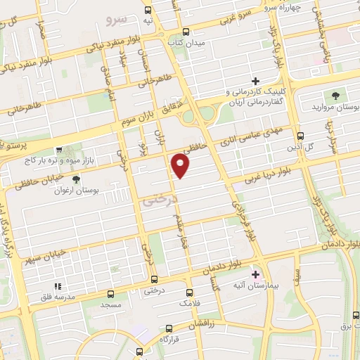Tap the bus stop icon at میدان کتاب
click(186, 31)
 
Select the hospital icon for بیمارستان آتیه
click(255, 274)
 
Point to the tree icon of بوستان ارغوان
click(76, 179)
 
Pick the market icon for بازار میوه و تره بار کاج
click(58, 150)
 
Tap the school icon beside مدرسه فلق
click(58, 286)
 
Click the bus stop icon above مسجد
click(110, 294)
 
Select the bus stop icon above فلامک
click(187, 292)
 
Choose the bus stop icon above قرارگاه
click(140, 350)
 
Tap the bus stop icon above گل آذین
click(300, 136)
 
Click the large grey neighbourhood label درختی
click(155, 201)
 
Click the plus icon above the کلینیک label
click(255, 82)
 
